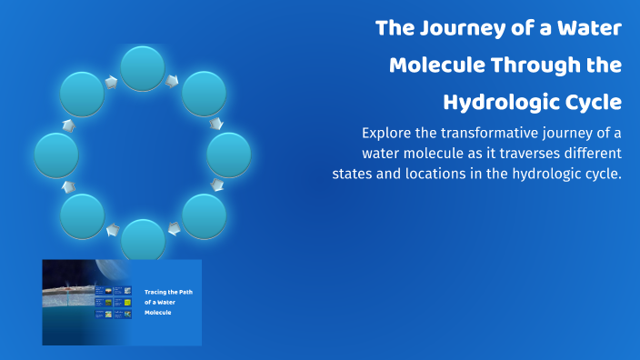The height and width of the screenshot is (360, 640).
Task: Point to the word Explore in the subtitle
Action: [x=390, y=132]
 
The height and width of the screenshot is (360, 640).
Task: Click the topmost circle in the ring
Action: [x=143, y=69]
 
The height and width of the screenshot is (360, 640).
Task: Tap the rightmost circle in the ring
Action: [x=229, y=155]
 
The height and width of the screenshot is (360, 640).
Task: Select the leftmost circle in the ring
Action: [x=56, y=155]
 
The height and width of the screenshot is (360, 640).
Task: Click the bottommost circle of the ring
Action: [x=143, y=241]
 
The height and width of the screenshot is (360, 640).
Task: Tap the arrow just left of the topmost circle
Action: [x=112, y=82]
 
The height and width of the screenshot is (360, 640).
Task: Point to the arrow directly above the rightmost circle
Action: [x=216, y=123]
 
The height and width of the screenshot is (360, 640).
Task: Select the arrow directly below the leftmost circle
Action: [x=68, y=186]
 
